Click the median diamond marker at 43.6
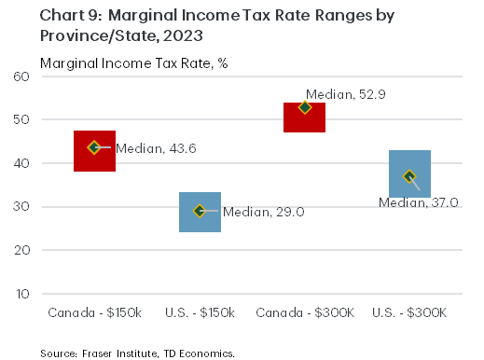click(94, 147)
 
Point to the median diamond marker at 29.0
click(199, 211)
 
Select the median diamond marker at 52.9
click(304, 107)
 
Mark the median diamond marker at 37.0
click(408, 176)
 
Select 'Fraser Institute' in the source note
click(108, 353)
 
